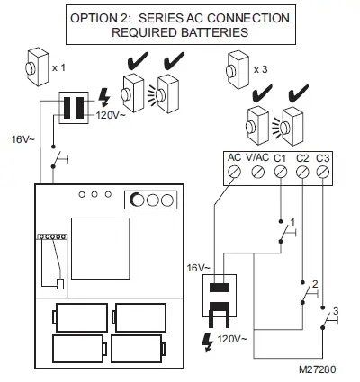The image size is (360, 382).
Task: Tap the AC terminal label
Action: pos(234,157)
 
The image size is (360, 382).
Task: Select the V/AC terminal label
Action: pos(256,157)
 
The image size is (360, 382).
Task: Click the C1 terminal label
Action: pos(281,157)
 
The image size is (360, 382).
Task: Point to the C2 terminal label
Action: pos(302,157)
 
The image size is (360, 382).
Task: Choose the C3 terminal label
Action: pos(324,157)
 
